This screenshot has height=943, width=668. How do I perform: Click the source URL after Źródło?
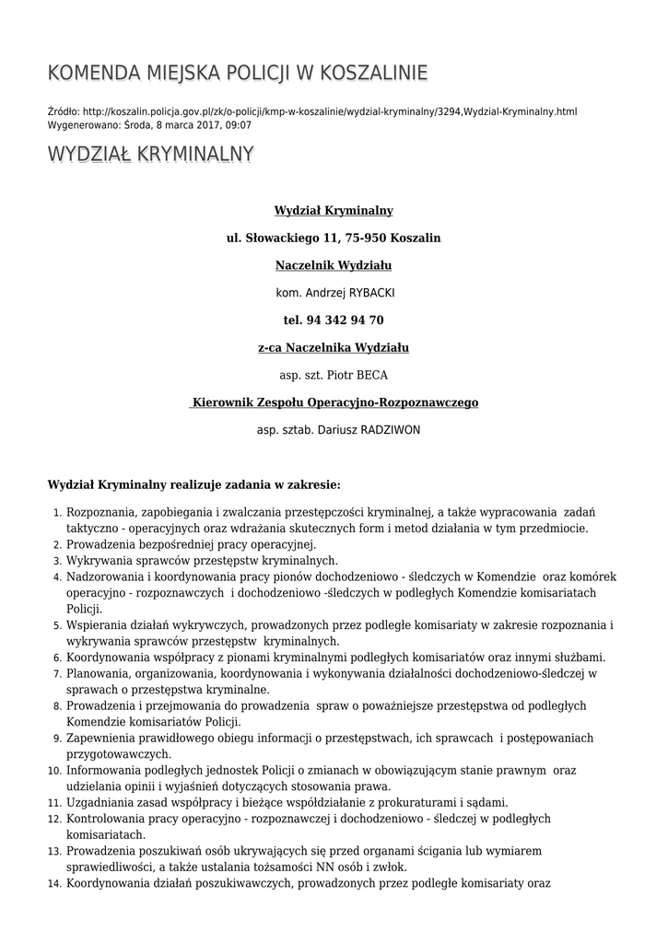[x=329, y=111]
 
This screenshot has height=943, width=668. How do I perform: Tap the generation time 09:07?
[x=238, y=125]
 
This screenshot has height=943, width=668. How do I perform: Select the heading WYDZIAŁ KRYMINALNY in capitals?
[x=150, y=154]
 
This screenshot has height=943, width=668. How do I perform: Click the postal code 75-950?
[x=366, y=238]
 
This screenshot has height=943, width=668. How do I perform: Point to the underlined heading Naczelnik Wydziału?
[x=334, y=265]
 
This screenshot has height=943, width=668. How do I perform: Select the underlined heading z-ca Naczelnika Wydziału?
[x=334, y=347]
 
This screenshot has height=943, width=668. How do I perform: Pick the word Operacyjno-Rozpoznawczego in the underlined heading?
[x=398, y=402]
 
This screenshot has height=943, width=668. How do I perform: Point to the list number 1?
[x=56, y=512]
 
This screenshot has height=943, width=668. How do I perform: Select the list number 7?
[x=56, y=674]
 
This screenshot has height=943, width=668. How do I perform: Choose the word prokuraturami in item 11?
[x=417, y=802]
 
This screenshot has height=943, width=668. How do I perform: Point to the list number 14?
[x=53, y=884]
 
